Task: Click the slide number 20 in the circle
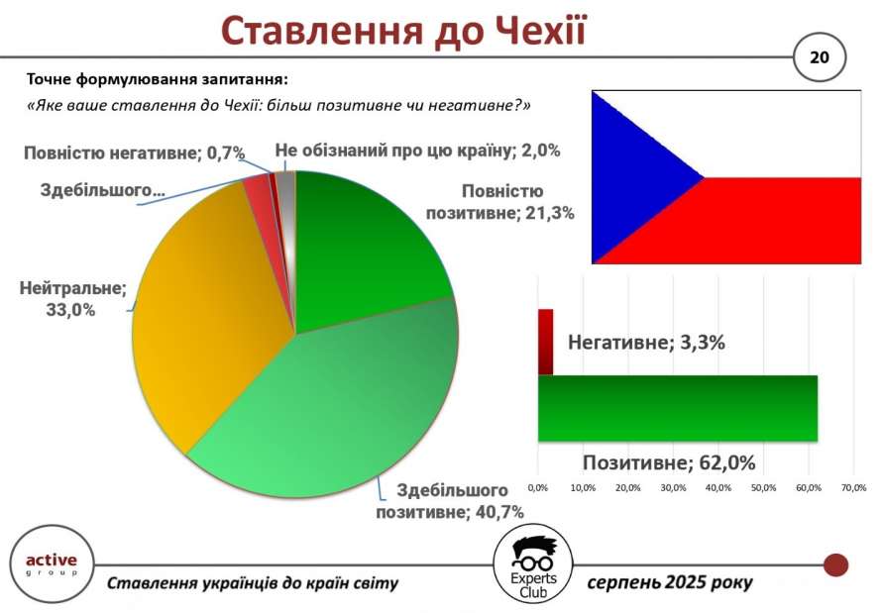pyautogui.click(x=819, y=57)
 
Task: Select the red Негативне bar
pyautogui.click(x=545, y=342)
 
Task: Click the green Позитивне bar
pyautogui.click(x=677, y=408)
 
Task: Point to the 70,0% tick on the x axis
pyautogui.click(x=853, y=487)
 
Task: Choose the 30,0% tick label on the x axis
pyautogui.click(x=673, y=487)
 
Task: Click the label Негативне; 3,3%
pyautogui.click(x=646, y=343)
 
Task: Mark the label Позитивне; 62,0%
pyautogui.click(x=669, y=463)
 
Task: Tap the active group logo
pyautogui.click(x=52, y=564)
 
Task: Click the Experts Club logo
pyautogui.click(x=533, y=566)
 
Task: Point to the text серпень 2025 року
pyautogui.click(x=669, y=582)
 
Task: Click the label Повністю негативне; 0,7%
pyautogui.click(x=135, y=153)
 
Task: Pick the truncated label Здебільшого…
pyautogui.click(x=103, y=190)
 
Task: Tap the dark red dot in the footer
pyautogui.click(x=835, y=564)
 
